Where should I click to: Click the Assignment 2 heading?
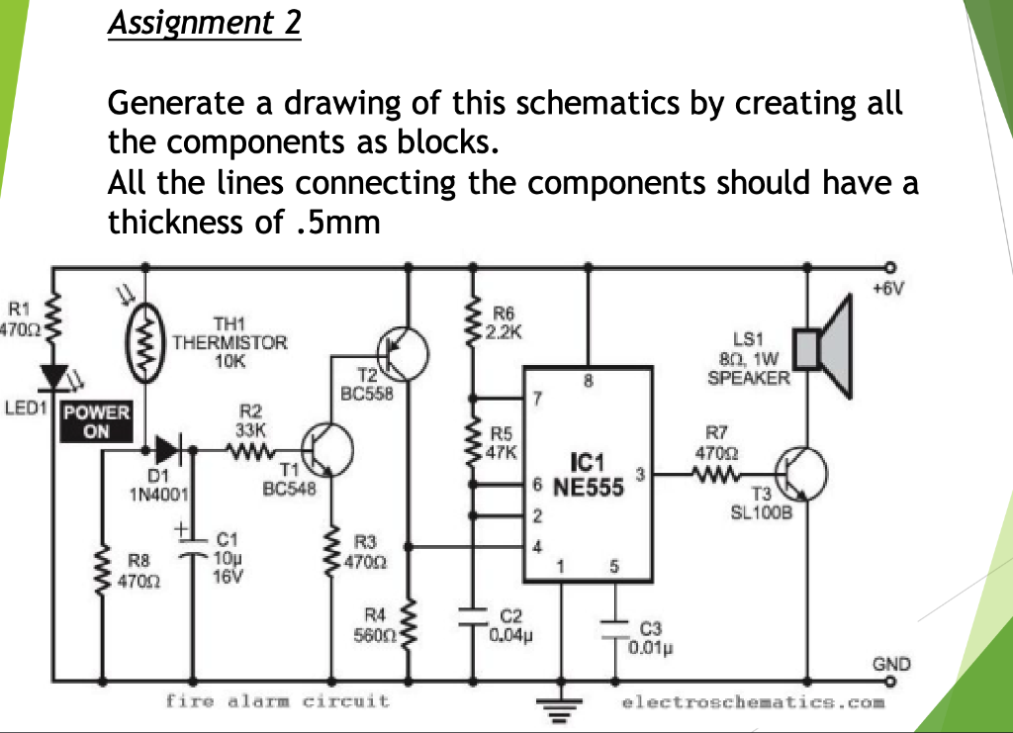click(x=204, y=22)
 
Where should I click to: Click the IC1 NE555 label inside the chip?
click(x=588, y=475)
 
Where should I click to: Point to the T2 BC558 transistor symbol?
click(x=404, y=352)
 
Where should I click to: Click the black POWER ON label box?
click(x=96, y=421)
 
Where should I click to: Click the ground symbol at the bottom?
click(x=561, y=705)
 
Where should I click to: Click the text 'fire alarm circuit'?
click(x=277, y=701)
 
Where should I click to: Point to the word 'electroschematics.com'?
click(x=752, y=702)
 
